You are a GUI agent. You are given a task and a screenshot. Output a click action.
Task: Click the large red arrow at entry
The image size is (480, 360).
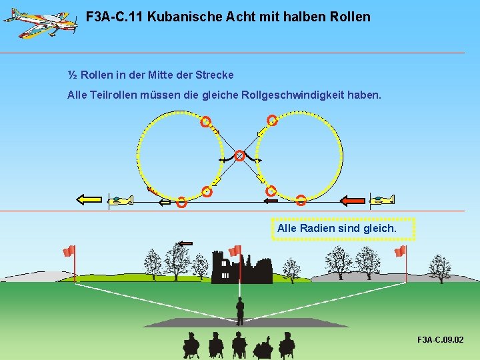tap(353, 199)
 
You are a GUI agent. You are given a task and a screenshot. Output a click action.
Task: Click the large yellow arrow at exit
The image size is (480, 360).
tap(89, 199)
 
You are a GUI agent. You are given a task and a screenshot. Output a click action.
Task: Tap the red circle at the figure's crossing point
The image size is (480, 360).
tap(239, 156)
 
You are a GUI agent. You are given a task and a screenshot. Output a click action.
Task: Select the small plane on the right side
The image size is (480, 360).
tap(383, 199)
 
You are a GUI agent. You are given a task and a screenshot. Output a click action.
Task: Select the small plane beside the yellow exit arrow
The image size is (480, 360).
tap(121, 199)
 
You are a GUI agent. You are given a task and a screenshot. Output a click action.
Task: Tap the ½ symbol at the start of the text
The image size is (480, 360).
tap(72, 75)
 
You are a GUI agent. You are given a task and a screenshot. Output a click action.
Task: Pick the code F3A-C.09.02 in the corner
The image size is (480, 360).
tap(440, 340)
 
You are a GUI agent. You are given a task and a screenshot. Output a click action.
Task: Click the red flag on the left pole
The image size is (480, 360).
tap(69, 251)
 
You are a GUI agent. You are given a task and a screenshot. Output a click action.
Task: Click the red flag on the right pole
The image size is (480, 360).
tap(400, 251)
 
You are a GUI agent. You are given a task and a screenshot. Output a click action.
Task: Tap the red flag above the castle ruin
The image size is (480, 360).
tap(235, 251)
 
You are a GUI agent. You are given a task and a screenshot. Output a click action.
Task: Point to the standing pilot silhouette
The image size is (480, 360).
tap(240, 309)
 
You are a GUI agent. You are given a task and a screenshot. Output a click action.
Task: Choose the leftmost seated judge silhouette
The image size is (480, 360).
tap(191, 344)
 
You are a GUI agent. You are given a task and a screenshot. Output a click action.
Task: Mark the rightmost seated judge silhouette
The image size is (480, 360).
tap(287, 345)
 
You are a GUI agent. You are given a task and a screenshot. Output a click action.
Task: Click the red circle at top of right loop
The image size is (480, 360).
tap(272, 121)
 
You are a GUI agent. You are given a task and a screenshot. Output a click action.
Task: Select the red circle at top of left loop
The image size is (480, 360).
tap(206, 121)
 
